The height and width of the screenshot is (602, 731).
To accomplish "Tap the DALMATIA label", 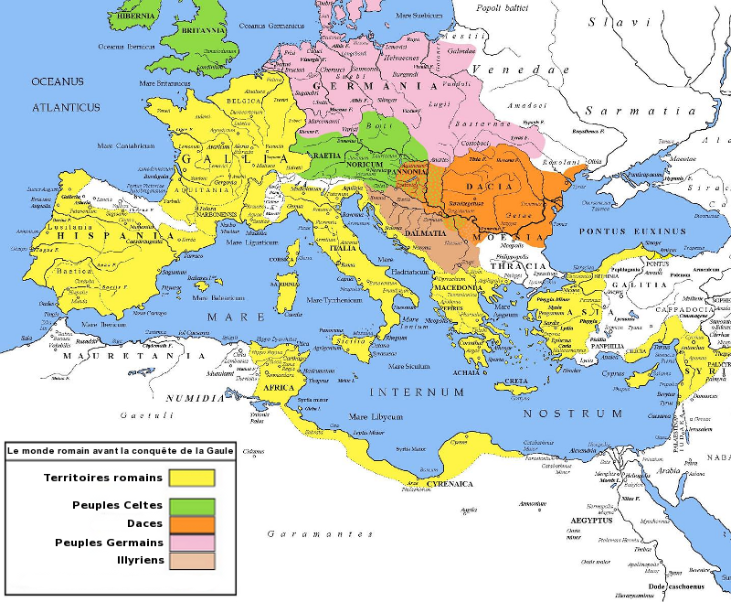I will click(424, 235).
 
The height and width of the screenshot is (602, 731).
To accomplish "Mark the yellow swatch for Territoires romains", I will click(191, 478).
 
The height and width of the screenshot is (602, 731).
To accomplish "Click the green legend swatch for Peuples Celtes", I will click(191, 505).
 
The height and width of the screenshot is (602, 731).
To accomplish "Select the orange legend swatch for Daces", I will click(191, 524).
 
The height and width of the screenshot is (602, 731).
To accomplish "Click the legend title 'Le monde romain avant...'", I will click(120, 450).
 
